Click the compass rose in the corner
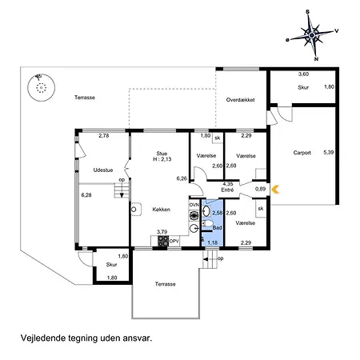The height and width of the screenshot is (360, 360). coord(312,35)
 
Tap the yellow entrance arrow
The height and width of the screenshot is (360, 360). coord(275,190)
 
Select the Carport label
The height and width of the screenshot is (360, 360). coord(302,153)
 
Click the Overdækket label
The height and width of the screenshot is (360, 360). coord(240,100)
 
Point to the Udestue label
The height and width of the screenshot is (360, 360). coord(103,170)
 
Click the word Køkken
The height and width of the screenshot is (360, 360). coord(162,210)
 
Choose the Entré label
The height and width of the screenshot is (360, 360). coord(227,190)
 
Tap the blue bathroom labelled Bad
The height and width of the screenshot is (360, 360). coord(213,222)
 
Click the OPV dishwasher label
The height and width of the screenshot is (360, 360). coord(174,241)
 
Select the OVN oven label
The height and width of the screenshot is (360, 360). coord(194,205)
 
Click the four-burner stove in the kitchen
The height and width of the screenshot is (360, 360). coord(163,241)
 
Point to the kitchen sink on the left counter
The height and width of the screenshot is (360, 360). coord(136,210)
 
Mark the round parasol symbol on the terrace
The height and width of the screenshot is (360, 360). coord(42,87)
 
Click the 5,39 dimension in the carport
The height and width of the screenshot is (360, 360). coord(329,152)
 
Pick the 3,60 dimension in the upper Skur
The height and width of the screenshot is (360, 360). coord(303,74)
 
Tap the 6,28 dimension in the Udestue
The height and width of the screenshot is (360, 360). coord(86,195)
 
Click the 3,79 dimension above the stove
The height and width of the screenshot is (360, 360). coord(162,232)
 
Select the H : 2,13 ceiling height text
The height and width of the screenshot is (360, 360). coord(162,159)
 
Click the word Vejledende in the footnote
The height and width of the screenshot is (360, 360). coord(43,338)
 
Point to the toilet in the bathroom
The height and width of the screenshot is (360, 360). coord(207,224)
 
